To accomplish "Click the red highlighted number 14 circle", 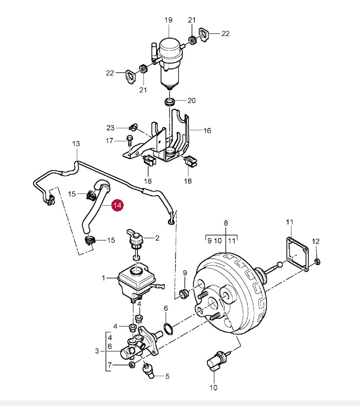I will click(117, 205).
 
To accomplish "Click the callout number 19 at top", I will click(168, 20).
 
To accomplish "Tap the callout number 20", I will click(192, 100).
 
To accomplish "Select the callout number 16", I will click(207, 131).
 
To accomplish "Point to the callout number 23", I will click(110, 128).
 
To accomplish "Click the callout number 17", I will click(110, 140).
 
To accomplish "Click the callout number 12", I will click(316, 241).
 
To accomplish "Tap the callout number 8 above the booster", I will click(226, 223).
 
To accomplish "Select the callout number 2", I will click(157, 238).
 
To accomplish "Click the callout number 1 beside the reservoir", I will click(103, 278).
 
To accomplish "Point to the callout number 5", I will click(166, 376).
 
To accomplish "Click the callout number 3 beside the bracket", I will click(97, 351).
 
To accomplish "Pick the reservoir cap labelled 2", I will click(135, 238).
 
